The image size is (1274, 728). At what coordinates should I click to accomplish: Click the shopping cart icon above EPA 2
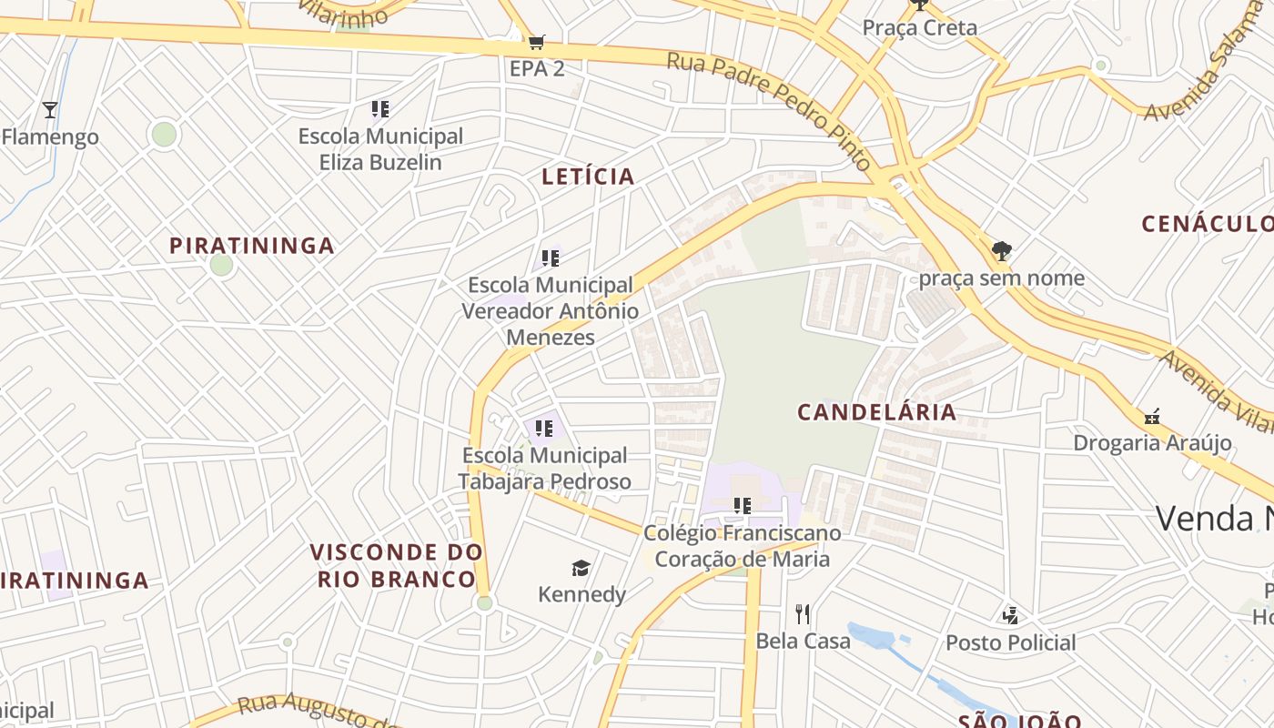tap(536, 42)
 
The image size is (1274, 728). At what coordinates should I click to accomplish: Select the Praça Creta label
tap(919, 27)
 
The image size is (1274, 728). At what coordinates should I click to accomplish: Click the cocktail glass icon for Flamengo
tap(50, 111)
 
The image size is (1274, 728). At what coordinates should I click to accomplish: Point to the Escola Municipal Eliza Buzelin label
tap(380, 149)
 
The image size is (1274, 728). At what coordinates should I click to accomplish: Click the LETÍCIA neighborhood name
tap(588, 177)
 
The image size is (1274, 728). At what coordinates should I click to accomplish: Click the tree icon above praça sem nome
tap(1001, 250)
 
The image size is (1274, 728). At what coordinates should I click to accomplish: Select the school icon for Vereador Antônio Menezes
tap(550, 258)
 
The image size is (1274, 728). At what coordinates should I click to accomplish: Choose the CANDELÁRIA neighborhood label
tap(877, 412)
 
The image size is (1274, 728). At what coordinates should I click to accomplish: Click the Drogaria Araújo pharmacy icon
tap(1152, 418)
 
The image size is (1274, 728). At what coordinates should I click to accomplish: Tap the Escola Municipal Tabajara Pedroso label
tap(544, 468)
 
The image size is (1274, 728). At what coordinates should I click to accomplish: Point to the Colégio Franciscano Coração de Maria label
tap(743, 545)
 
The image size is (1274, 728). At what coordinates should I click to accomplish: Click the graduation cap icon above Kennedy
tap(581, 569)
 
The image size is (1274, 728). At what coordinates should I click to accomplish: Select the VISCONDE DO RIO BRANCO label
tap(397, 565)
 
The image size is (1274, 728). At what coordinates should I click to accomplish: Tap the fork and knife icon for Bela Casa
tap(802, 614)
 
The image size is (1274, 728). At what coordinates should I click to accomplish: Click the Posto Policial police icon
tap(1010, 616)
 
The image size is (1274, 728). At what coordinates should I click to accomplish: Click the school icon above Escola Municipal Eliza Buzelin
tap(380, 110)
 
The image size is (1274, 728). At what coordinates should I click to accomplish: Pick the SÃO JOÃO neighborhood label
tap(1019, 721)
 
